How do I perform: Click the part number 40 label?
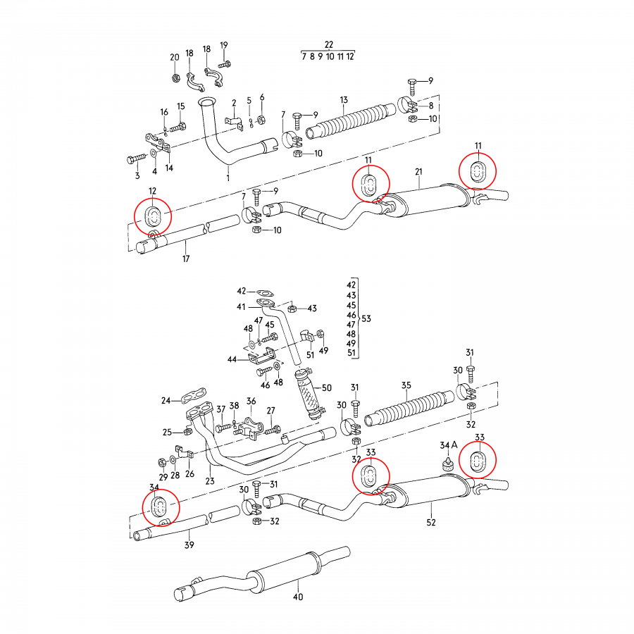pos(298,597)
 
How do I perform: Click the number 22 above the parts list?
pos(328,44)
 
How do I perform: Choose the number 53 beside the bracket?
pos(366,319)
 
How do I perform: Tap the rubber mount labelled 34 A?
pos(446,465)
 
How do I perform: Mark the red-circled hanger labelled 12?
pos(153,216)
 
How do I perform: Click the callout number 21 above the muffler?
pos(418,173)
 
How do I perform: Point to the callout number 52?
pos(431,522)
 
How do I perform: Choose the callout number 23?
pos(209,482)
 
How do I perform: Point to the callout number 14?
pos(169,168)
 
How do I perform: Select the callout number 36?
pos(251,401)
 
